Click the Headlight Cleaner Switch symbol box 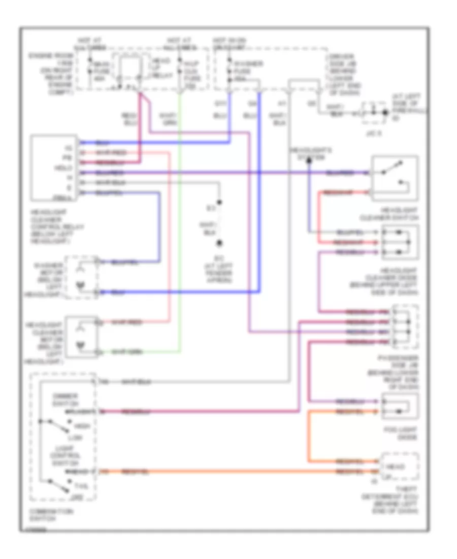point(395,178)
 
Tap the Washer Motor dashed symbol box point(81,277)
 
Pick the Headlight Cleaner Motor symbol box point(81,337)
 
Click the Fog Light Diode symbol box point(400,406)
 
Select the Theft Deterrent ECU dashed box point(400,468)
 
